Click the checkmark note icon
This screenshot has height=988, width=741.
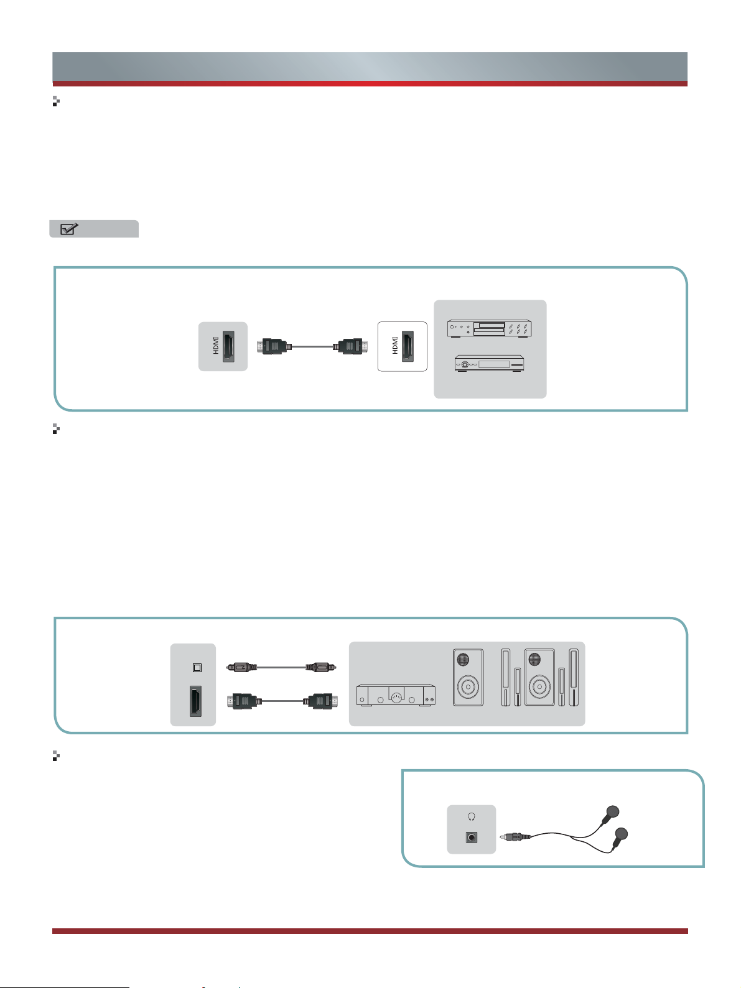point(68,229)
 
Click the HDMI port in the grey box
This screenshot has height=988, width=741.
point(228,346)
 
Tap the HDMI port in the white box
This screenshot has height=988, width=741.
point(407,346)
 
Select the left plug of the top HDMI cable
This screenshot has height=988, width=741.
point(273,346)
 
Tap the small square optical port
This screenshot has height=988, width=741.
point(197,668)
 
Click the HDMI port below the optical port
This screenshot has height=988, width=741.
point(194,702)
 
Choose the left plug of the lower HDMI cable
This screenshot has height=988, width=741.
point(243,701)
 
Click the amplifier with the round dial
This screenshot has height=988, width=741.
point(395,695)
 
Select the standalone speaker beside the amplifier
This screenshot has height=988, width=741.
point(468,678)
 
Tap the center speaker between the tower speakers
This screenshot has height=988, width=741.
point(539,678)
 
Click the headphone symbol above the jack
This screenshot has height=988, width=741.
point(472,817)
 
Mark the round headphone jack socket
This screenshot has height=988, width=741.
point(472,838)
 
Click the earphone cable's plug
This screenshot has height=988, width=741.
point(517,838)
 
